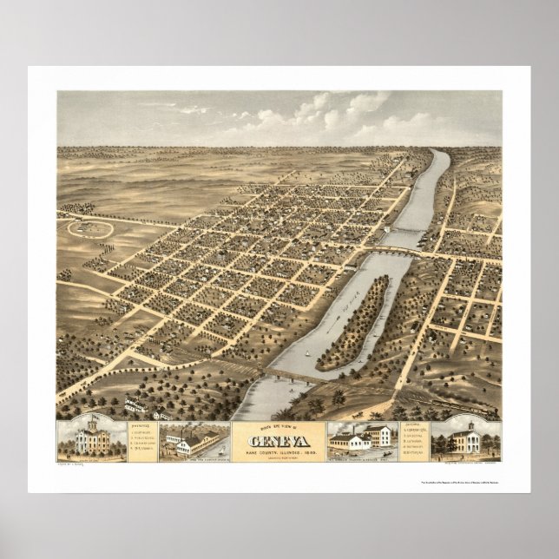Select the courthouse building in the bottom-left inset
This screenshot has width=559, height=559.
(86, 441)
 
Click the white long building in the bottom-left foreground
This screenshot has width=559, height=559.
(137, 406)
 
